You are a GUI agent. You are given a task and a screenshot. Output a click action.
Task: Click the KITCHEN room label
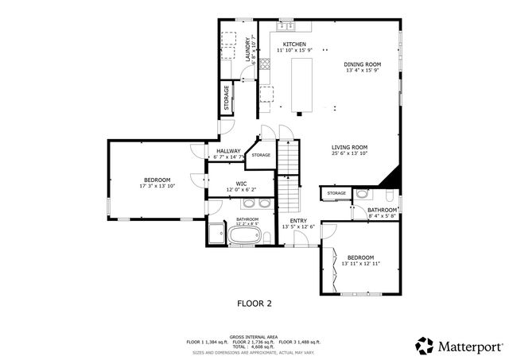(x=294, y=45)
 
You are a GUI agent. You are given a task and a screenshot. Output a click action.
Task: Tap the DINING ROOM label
(x=362, y=64)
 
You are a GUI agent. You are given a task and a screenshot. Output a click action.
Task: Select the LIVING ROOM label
(x=349, y=147)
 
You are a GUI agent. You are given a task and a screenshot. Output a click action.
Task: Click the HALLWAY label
(x=228, y=151)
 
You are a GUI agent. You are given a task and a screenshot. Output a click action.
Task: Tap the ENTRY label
(x=298, y=221)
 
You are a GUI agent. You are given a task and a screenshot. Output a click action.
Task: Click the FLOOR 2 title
(x=254, y=303)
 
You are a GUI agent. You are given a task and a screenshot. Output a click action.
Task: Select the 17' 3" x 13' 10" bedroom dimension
(x=156, y=185)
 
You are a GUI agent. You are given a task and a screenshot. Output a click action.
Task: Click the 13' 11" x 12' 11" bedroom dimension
(x=360, y=263)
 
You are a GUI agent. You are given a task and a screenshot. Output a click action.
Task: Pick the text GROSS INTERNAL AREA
(x=254, y=336)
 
